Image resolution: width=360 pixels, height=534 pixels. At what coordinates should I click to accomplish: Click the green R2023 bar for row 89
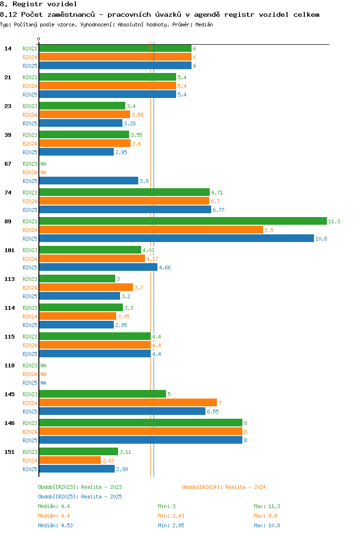point(183,221)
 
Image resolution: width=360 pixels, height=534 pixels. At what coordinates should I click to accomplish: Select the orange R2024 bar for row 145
point(128,403)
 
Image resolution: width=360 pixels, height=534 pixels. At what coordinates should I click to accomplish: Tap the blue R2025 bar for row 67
point(89,181)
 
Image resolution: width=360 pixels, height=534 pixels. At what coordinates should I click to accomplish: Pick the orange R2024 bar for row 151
point(70,461)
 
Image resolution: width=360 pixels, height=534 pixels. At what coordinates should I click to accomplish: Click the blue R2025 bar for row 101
point(98,267)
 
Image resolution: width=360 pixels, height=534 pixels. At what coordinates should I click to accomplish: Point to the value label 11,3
point(334,221)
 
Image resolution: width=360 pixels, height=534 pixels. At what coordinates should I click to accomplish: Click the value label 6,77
point(218,210)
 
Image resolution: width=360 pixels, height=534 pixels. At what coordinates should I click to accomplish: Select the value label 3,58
point(137,115)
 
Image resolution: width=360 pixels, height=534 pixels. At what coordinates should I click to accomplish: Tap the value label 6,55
point(213,412)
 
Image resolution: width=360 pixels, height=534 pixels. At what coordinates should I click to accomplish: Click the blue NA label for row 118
point(44,383)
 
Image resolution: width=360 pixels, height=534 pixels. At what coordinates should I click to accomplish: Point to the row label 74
point(8,193)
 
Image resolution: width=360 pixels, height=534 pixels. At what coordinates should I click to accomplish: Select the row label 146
point(10,423)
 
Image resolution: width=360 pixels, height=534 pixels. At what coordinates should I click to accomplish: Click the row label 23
point(8,106)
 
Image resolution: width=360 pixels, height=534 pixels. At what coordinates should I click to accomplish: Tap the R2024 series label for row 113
point(30,288)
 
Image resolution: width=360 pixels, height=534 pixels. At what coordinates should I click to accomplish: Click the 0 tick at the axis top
point(38,39)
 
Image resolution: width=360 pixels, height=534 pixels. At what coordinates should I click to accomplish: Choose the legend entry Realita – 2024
point(245,487)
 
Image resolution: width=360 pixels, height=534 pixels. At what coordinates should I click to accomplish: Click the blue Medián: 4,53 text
point(56,525)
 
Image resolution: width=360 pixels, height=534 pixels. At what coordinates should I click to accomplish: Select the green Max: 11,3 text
point(267,507)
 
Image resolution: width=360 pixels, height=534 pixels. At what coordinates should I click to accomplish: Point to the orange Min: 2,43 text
point(171,516)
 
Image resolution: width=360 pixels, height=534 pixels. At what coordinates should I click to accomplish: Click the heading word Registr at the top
point(27,4)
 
